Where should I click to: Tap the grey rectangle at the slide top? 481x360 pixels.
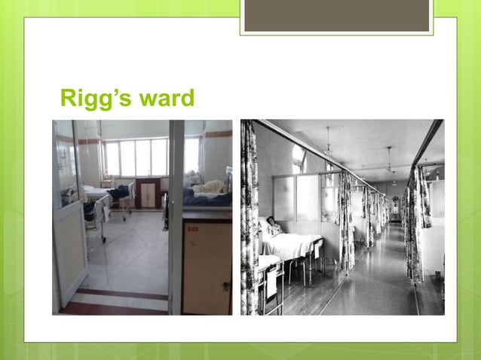(x=336, y=16)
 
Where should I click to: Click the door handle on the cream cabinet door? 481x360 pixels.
(x=226, y=286)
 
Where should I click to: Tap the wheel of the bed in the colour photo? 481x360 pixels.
(x=104, y=240)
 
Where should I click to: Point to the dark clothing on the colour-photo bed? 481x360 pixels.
(x=118, y=194)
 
